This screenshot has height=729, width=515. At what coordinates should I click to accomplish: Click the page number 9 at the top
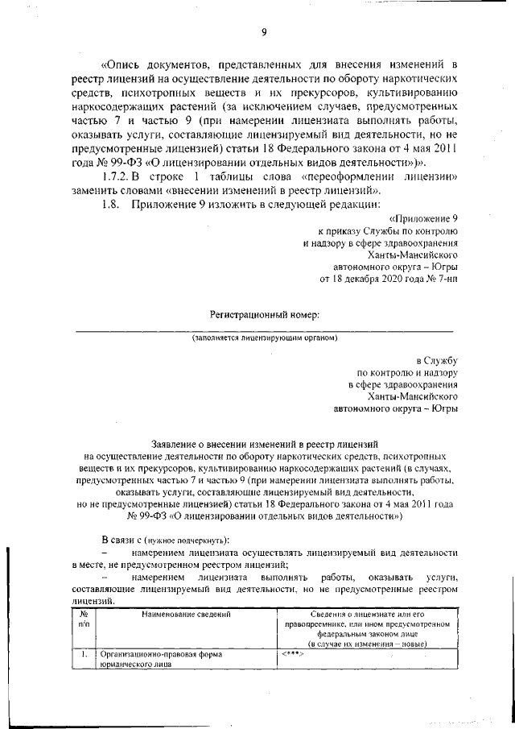[263, 32]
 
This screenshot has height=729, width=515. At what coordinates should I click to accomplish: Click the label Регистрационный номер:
[265, 313]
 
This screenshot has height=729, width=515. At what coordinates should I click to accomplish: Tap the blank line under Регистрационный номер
[265, 330]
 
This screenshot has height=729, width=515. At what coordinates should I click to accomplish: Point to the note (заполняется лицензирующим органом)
[265, 338]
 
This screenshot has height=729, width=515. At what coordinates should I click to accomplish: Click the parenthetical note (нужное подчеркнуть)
[188, 538]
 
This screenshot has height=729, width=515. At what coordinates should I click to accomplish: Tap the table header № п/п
[84, 619]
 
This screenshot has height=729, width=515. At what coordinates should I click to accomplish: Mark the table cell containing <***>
[292, 653]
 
